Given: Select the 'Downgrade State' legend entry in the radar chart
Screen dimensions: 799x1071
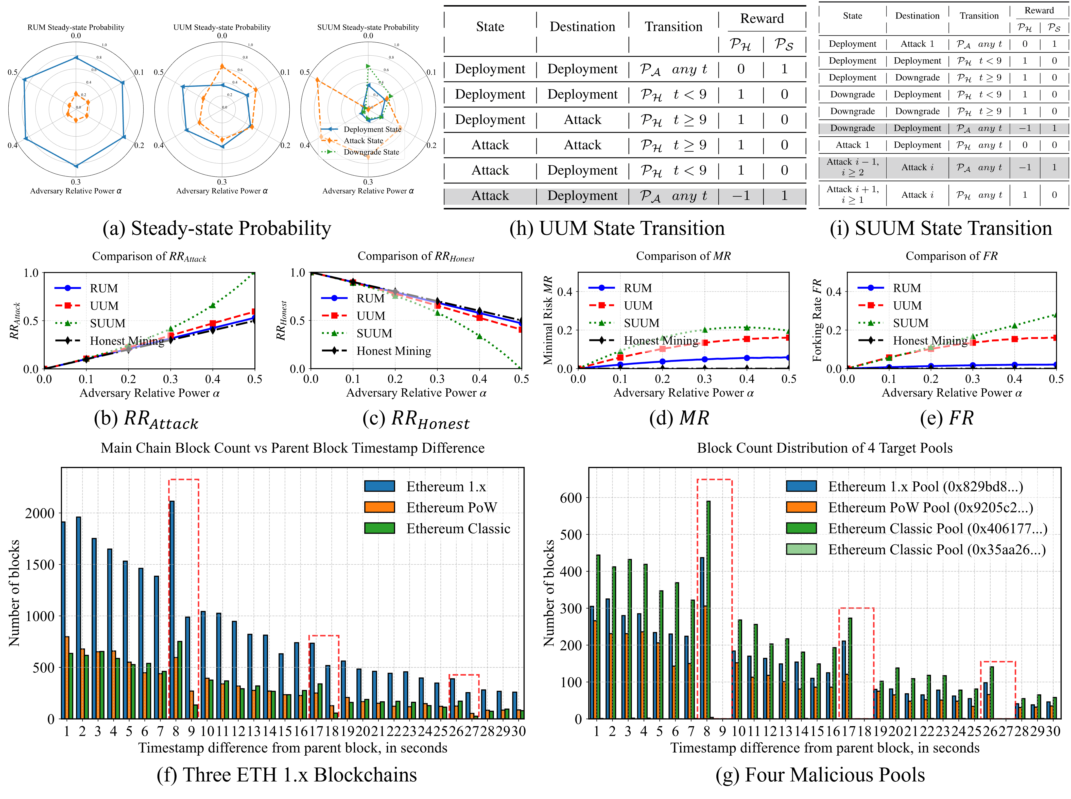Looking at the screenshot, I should [x=371, y=152].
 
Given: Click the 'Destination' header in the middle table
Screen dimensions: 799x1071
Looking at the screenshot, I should [x=582, y=27].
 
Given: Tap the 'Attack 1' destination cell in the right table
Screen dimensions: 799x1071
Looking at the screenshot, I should [x=917, y=44].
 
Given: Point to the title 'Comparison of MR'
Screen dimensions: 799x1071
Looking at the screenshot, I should [x=683, y=256].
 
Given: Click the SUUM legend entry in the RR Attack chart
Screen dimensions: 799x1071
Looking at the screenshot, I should [x=107, y=323].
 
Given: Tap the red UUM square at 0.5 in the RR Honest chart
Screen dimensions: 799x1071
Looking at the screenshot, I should [x=521, y=329].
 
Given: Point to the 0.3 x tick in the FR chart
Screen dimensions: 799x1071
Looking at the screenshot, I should [x=972, y=379].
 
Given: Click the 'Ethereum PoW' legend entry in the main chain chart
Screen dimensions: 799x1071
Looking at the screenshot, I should [x=451, y=507].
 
